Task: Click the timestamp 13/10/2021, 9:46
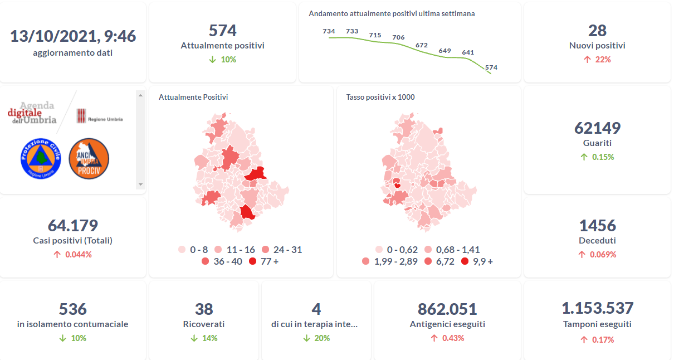[73, 36]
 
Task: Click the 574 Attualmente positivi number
[222, 31]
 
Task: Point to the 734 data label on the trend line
[329, 31]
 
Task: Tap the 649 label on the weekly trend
[445, 51]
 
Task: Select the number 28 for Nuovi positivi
[597, 31]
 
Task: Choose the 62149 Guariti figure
[597, 128]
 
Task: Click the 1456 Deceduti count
[597, 226]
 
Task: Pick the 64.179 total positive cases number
[73, 226]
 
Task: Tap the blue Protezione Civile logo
[40, 159]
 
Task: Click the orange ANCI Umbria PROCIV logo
[89, 159]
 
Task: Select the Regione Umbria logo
[99, 116]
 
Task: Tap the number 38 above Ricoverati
[204, 309]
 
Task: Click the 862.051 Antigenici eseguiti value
[447, 309]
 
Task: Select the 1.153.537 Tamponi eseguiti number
[597, 308]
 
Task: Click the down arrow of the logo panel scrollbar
[140, 184]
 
